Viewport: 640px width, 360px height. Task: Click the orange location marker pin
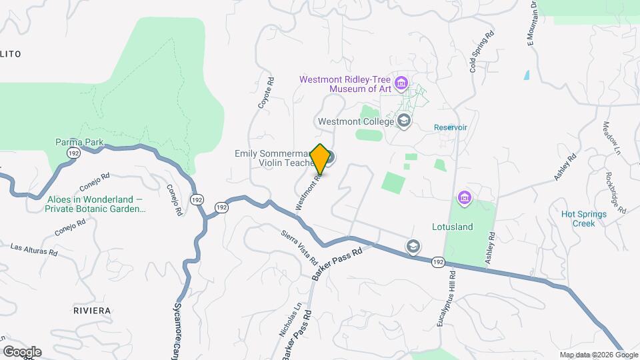(321, 159)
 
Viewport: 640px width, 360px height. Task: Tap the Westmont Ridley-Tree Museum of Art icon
(401, 83)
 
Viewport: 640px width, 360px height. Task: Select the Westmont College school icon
(403, 121)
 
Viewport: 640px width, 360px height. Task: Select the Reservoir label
(451, 127)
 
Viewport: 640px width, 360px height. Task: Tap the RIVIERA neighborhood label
(93, 311)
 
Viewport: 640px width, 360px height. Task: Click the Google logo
(21, 352)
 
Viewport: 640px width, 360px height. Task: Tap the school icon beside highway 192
(414, 247)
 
